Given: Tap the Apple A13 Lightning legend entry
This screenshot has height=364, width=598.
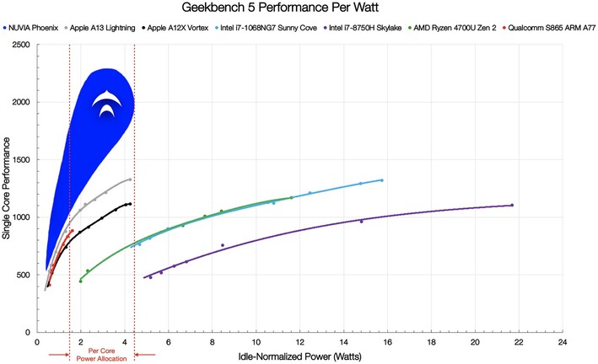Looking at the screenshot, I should [106, 27].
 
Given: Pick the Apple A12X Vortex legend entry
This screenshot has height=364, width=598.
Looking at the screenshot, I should [180, 27].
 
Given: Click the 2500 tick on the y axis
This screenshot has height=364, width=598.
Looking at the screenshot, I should [18, 44].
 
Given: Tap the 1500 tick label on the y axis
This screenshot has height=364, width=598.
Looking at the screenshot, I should [18, 159].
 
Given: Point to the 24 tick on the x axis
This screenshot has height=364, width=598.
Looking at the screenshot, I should [562, 343].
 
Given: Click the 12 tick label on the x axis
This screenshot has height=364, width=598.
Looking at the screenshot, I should [299, 343].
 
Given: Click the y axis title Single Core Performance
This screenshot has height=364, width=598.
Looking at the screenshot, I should [7, 190].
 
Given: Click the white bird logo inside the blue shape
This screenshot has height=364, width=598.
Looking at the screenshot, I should [109, 104].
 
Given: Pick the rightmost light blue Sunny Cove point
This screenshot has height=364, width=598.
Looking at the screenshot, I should [381, 179].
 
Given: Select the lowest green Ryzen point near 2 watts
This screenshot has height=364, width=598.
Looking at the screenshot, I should [81, 281].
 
